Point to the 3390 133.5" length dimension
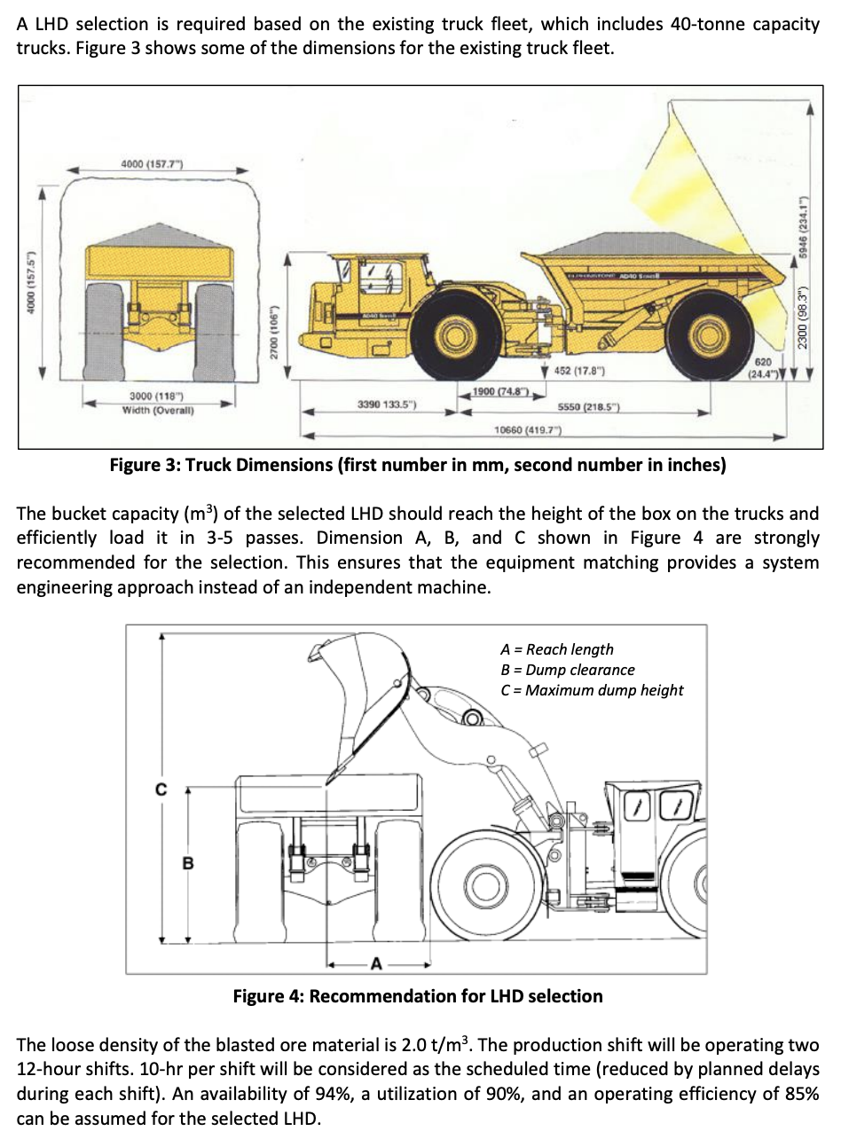[x=381, y=405]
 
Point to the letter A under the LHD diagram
[x=377, y=962]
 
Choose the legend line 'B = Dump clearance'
[x=568, y=670]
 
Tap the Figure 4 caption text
[x=417, y=996]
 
